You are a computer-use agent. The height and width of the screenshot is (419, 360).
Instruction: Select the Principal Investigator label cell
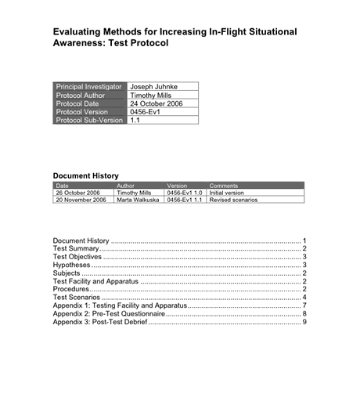89,86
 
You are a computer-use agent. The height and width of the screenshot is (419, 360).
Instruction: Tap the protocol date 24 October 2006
155,103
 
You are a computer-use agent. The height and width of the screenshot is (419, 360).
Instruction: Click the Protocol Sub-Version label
89,121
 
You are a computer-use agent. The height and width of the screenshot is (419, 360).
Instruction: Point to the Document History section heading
85,176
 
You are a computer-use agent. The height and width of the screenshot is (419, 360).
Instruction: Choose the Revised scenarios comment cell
233,200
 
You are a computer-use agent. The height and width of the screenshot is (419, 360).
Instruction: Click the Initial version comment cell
227,193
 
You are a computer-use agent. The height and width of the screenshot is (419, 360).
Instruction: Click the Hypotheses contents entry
71,264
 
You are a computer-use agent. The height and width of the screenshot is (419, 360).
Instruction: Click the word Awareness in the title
83,43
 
